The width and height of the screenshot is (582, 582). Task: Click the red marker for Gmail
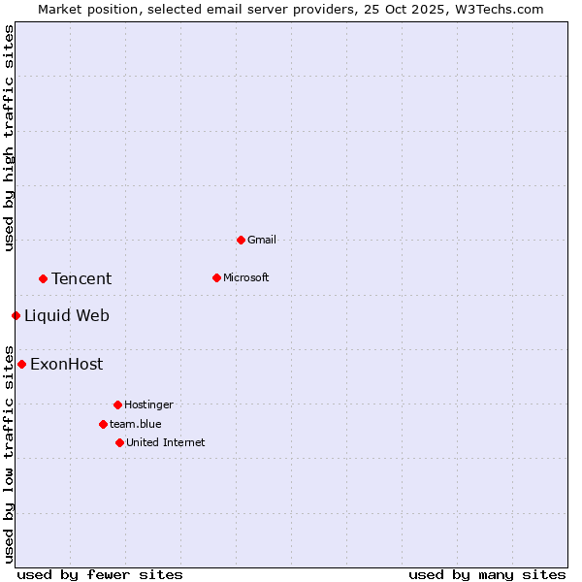[x=241, y=240]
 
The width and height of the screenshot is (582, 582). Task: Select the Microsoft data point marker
[x=216, y=277]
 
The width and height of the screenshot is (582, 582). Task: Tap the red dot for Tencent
[x=43, y=278]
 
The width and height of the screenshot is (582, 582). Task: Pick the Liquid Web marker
[x=16, y=315]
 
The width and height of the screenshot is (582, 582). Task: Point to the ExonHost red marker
[x=21, y=364]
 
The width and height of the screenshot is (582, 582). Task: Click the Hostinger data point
[x=117, y=404]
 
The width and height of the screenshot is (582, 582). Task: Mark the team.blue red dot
[x=103, y=424]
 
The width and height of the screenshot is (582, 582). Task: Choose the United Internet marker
[x=119, y=442]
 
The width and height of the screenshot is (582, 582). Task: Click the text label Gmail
[x=262, y=240]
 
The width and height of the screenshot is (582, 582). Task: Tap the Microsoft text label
[x=246, y=277]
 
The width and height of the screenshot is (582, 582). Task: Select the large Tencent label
[x=81, y=278]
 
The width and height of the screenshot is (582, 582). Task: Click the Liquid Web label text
[x=67, y=315]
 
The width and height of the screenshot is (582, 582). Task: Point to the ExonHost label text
[x=66, y=364]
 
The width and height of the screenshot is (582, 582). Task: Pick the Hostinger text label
[x=148, y=404]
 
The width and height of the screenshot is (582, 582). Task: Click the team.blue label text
[x=136, y=424]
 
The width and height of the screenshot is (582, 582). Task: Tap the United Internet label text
[x=166, y=442]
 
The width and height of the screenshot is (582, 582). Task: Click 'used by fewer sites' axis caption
[x=100, y=574]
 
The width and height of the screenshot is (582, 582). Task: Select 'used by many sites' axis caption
[x=487, y=574]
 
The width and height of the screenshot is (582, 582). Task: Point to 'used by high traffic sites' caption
[x=9, y=138]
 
